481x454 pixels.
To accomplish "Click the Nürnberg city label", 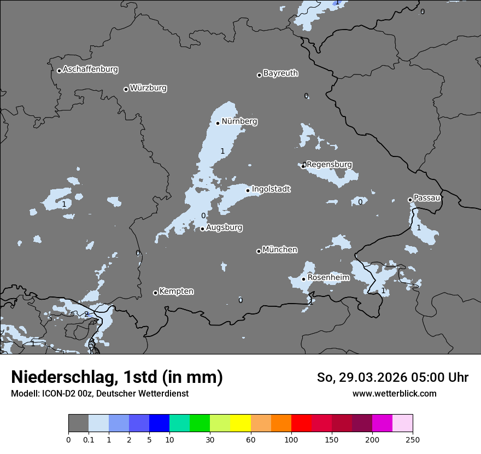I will point(239,121).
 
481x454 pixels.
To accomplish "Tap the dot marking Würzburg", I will point(126,89).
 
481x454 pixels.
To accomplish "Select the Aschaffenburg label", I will point(90,69).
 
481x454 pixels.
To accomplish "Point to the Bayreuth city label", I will point(280,73).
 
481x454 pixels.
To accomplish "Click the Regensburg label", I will point(329,165).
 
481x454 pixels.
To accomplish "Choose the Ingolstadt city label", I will point(271,189).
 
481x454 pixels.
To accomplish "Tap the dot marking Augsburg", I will point(202,229).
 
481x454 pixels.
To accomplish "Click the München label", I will point(280,250).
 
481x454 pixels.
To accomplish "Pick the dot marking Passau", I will point(410,200).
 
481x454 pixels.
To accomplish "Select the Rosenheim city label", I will point(328,278).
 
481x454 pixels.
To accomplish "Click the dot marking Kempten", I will point(155,293).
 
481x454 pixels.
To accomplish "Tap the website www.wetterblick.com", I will point(394,394).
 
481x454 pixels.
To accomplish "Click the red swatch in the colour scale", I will point(301,423).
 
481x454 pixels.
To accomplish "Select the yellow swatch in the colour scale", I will point(240,423).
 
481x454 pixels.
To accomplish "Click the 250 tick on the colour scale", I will point(413,439).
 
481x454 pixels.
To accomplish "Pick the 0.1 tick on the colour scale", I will point(88,439).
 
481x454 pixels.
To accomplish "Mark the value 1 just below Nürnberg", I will point(222,151).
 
